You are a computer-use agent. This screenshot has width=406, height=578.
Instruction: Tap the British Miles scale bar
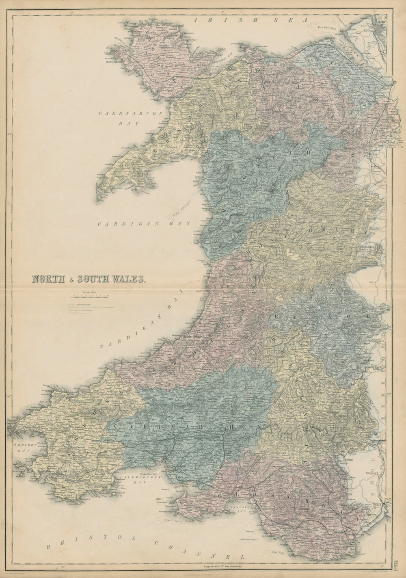pos(88,297)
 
